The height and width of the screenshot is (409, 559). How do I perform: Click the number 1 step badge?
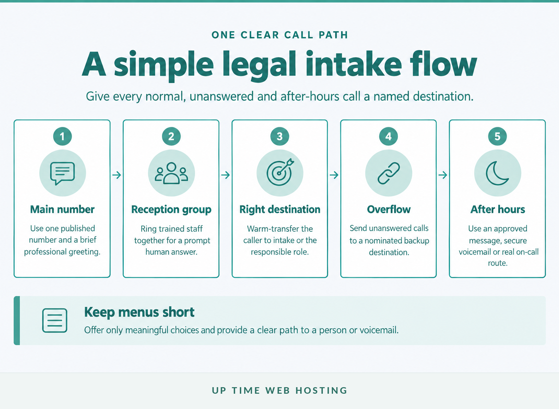pos(62,136)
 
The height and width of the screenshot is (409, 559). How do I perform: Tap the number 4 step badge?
pos(388,136)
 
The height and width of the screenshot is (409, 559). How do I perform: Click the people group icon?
pos(171,173)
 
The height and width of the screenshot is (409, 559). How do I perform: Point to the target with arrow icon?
pos(280,172)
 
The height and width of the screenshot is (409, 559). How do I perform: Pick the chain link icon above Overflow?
pos(389,173)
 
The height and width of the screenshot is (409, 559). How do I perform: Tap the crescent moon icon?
pos(497,173)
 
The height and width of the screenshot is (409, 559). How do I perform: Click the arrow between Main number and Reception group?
pos(116,175)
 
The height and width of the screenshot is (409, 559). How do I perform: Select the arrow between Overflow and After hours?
pos(443,175)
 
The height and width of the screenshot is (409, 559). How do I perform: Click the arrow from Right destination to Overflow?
pos(334,175)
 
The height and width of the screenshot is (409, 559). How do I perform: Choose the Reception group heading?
pos(171,210)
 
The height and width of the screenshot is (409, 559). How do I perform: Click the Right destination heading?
pos(280,209)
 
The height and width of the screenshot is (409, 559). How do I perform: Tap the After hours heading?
pos(497,209)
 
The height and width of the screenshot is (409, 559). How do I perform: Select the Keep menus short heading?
pos(139,312)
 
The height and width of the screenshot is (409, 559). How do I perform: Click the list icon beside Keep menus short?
pos(55,321)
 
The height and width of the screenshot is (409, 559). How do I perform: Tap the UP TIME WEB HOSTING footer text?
pos(279,390)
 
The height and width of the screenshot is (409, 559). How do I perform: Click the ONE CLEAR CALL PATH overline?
pos(279,35)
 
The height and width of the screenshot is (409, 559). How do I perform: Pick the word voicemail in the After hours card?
pos(475,252)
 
